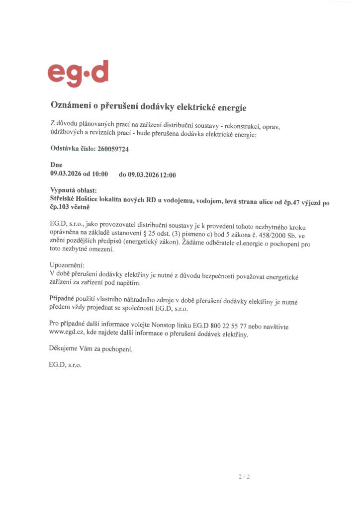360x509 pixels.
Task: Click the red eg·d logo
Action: [78, 73]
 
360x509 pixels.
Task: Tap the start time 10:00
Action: [99, 174]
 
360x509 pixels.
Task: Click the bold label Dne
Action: [56, 165]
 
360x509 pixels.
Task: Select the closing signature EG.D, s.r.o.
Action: [65, 365]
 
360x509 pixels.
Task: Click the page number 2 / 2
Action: [244, 477]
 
